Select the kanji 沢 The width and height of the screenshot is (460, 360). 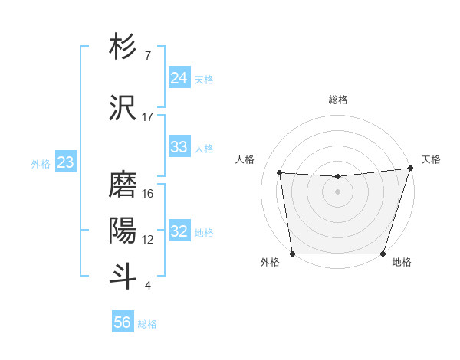coord(123,107)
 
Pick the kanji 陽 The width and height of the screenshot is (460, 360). coord(123,231)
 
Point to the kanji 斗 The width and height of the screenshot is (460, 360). coord(123,276)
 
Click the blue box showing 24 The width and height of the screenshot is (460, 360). coord(179,78)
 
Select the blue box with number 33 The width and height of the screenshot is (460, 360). coord(179,147)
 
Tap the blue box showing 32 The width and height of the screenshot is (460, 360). coord(179,232)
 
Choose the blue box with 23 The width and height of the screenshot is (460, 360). coord(65,162)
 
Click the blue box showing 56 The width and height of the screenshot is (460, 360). coord(123,323)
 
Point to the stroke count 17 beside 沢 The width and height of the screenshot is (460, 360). coord(148,117)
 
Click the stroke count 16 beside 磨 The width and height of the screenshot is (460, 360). coord(148,194)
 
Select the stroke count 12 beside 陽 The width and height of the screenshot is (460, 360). coord(148,240)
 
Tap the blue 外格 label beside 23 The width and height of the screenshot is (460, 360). coord(40,163)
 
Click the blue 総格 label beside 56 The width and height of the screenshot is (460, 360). coord(147,324)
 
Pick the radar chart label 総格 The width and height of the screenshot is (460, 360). coord(337,100)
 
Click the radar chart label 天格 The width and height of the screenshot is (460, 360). coord(431,159)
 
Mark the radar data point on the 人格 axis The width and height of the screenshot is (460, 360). coord(280,173)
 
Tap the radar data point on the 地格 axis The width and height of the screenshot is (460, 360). coord(383,254)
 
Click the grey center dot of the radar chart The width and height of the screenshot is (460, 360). coord(337,191)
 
